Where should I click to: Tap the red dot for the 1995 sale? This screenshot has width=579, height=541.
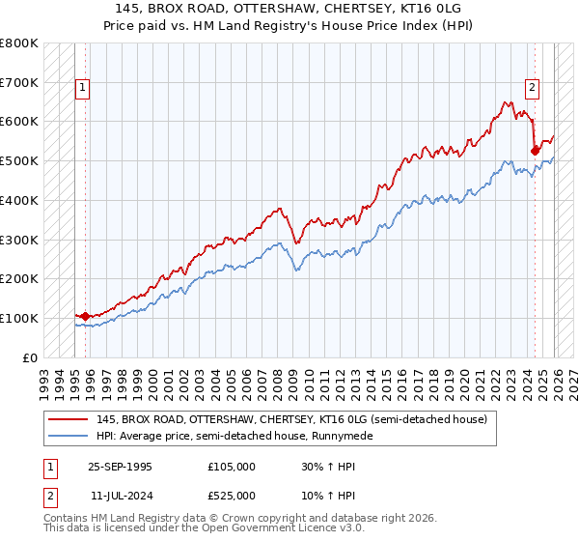[85, 316]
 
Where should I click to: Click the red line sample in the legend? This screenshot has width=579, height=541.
[69, 419]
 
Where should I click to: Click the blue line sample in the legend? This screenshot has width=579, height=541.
[69, 436]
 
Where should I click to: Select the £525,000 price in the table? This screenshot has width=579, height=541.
[232, 496]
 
